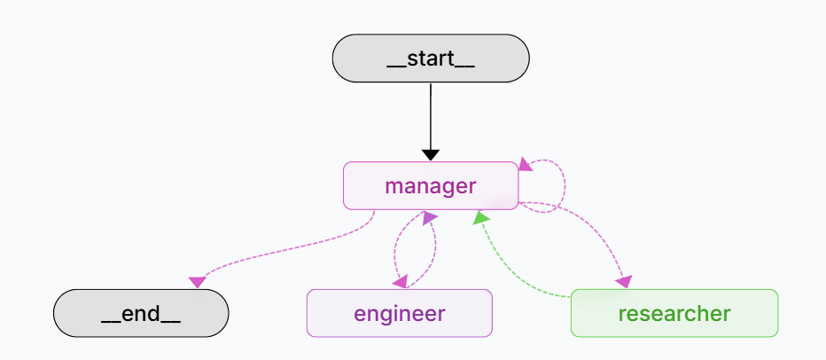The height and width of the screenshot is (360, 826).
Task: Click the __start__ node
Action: pos(430,59)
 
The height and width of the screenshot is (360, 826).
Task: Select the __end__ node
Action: pos(141,313)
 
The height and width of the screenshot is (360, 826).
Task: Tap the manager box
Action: pos(430,185)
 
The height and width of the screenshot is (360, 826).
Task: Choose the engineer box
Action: pos(399,313)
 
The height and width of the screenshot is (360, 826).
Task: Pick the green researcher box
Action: pos(674,313)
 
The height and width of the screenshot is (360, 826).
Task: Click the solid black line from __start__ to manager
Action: pos(430,115)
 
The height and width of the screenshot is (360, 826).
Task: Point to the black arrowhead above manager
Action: pos(430,154)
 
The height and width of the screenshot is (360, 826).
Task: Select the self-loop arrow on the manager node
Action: pos(564,186)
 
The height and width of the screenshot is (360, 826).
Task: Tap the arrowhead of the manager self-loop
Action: pos(526,164)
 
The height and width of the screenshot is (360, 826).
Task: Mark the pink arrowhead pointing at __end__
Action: pos(198,282)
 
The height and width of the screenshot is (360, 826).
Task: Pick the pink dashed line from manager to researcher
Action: pos(594,235)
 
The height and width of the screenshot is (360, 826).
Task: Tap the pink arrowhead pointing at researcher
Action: pos(624,281)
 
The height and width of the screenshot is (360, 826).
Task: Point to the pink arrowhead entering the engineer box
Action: pos(401,281)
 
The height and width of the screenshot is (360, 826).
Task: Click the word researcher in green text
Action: pos(674,313)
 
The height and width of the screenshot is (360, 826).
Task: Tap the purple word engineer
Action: pos(399,313)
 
